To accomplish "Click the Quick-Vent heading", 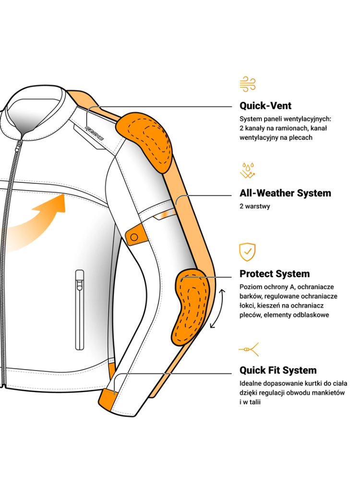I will [x=265, y=106].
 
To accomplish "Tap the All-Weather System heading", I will [x=285, y=193].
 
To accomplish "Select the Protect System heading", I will [x=275, y=274].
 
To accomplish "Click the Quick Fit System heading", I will [x=278, y=370].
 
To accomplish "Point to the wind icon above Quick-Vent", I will [x=247, y=84].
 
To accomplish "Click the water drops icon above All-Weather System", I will [x=247, y=170].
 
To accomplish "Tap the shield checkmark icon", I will [x=247, y=252].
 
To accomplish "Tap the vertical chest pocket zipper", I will [x=80, y=309].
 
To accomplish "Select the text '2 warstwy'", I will [x=254, y=206].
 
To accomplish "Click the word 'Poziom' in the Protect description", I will [x=250, y=287].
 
